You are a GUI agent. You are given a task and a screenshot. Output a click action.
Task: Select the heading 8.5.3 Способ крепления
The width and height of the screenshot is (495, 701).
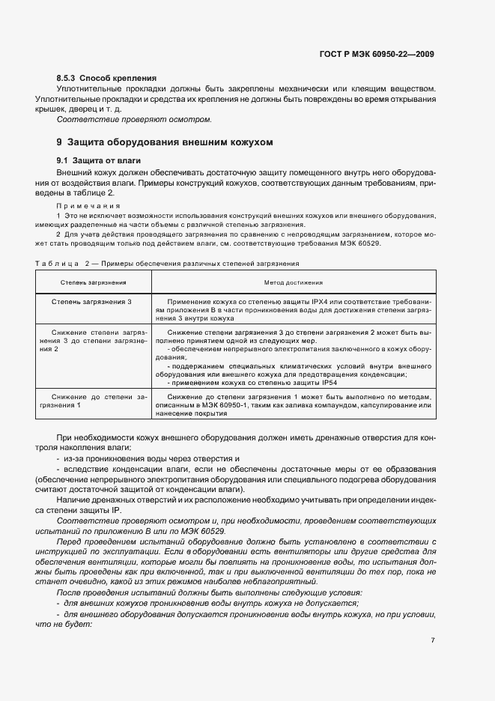tap(106, 78)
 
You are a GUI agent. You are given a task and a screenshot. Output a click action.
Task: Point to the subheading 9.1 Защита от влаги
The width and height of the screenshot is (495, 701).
tap(98, 161)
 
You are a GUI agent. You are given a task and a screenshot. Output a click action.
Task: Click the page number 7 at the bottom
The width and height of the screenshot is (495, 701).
tap(433, 640)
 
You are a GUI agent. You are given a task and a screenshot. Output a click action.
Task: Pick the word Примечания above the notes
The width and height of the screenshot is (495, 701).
tap(85, 205)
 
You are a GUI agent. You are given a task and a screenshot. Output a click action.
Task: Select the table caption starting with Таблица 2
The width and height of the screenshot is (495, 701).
tap(167, 264)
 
